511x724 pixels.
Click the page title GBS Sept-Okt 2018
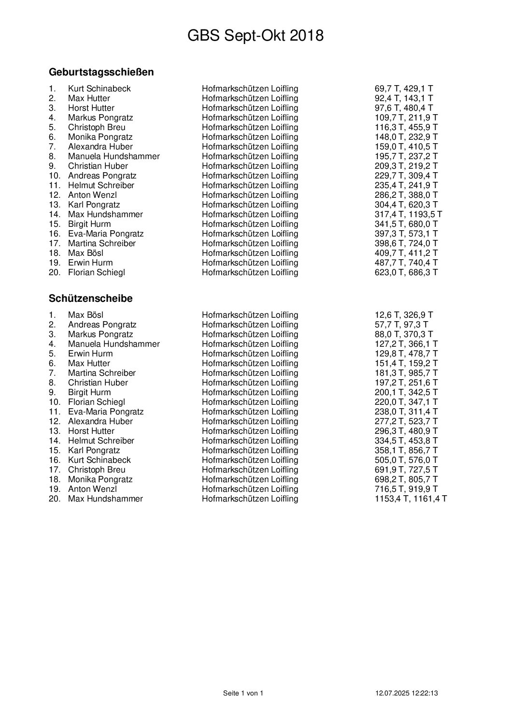point(255,36)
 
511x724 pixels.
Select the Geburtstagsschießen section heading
point(101,72)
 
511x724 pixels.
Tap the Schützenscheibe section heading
point(91,298)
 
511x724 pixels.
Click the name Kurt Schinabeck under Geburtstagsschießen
point(99,89)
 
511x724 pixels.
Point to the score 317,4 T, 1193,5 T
point(408,214)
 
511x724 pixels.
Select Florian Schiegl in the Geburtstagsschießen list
point(96,272)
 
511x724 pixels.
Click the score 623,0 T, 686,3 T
point(406,272)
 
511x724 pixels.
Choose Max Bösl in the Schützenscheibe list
point(85,315)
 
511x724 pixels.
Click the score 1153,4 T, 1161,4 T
point(411,499)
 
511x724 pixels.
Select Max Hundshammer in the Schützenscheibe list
point(105,499)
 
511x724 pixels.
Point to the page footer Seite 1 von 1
point(243,693)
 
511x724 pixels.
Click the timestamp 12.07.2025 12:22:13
point(406,693)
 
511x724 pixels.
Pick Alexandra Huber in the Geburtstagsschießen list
point(100,147)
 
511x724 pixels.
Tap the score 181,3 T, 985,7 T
point(406,373)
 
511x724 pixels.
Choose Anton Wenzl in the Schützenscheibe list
point(92,489)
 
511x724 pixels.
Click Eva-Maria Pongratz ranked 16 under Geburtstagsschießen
point(106,234)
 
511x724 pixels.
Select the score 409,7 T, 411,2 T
point(406,253)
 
